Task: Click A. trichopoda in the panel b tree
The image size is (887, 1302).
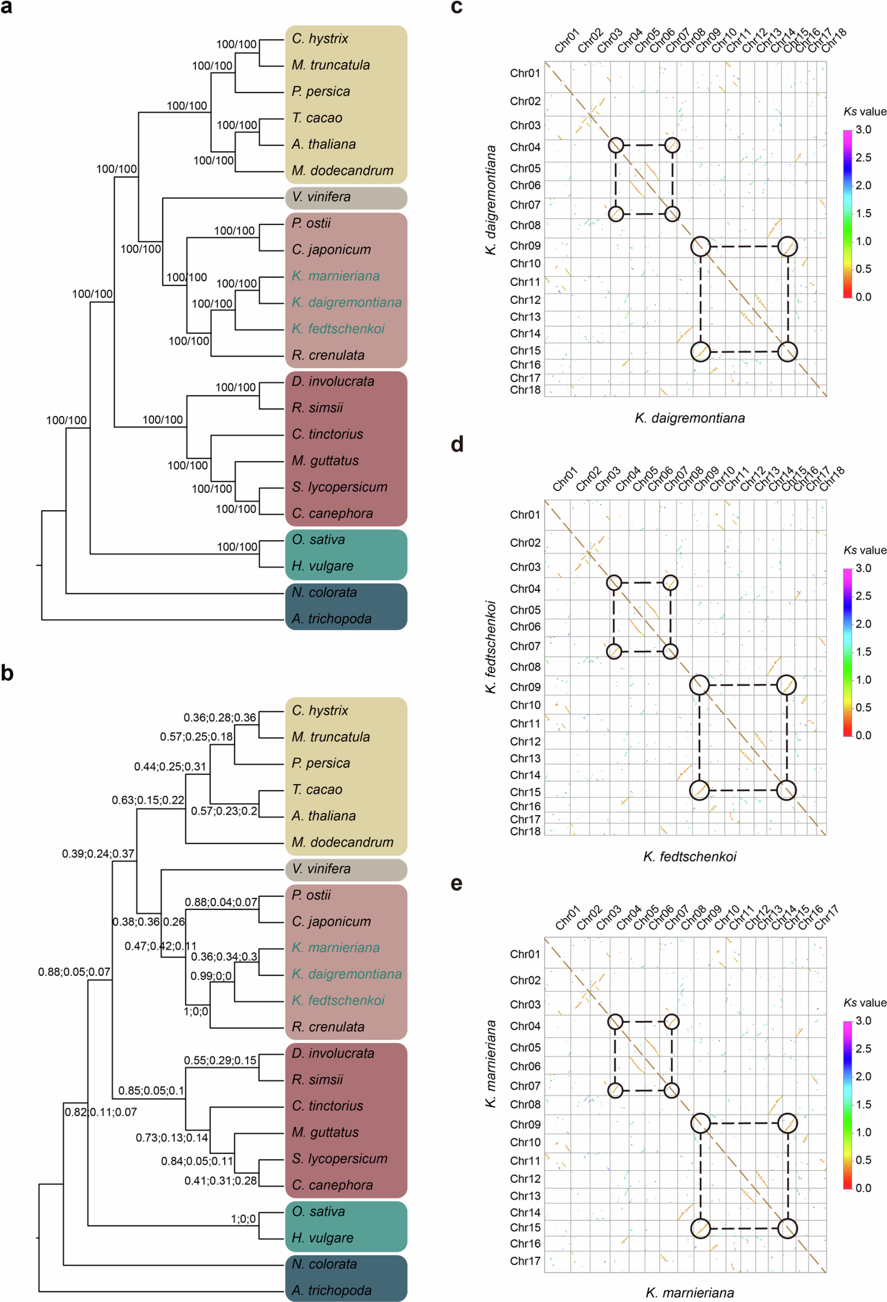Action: [x=331, y=1290]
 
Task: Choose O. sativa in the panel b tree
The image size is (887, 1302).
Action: [x=318, y=1211]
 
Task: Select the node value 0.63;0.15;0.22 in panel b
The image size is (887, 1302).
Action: [x=148, y=800]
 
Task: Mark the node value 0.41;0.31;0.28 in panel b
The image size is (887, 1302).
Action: [x=221, y=1180]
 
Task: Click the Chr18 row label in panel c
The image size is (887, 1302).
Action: [x=525, y=390]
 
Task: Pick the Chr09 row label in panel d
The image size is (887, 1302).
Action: [x=525, y=687]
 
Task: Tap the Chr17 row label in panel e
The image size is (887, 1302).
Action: [x=525, y=1261]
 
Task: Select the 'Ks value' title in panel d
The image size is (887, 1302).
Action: [x=865, y=550]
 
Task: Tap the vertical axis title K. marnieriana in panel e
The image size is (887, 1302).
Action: [x=491, y=1063]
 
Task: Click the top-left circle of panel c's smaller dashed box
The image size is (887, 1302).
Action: [x=616, y=145]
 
